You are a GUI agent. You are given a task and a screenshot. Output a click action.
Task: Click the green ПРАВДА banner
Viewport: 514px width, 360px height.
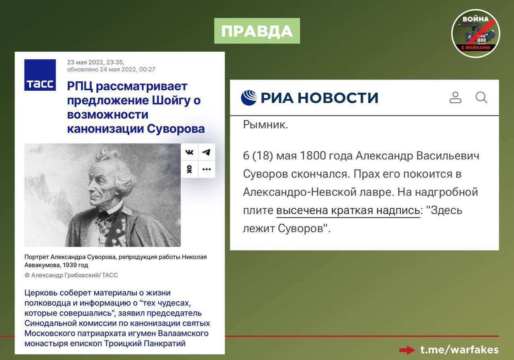tap(257, 31)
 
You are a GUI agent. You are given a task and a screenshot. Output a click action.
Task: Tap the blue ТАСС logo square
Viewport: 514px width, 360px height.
tap(40, 75)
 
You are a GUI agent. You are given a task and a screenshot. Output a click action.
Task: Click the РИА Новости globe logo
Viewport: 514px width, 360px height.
tap(249, 98)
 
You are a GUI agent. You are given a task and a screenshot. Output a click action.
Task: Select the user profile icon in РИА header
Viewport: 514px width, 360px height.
tap(455, 98)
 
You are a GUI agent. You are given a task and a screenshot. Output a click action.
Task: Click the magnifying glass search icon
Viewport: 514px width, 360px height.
tap(481, 98)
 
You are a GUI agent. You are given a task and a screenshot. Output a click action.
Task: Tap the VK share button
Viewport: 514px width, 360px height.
tap(189, 152)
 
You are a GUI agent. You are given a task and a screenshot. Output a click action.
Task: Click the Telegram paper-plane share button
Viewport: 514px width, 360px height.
tap(206, 152)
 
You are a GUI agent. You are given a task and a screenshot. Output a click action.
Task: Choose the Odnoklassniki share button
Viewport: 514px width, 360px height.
tap(189, 169)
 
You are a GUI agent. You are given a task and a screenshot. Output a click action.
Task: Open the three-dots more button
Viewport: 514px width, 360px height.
tap(206, 169)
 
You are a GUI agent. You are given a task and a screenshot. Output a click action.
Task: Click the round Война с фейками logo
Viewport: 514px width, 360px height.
tap(476, 33)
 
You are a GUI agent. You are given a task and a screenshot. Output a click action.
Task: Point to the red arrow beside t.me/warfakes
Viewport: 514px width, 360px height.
tap(407, 350)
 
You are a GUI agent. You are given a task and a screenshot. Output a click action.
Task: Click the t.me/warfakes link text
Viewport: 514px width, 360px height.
tap(459, 350)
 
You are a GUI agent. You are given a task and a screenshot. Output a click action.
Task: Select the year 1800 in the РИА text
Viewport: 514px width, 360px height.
tap(313, 156)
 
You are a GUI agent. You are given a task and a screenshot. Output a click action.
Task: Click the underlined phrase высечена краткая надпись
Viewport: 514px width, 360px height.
tap(348, 210)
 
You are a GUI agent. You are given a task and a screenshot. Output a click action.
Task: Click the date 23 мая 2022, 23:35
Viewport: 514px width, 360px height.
tap(96, 62)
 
